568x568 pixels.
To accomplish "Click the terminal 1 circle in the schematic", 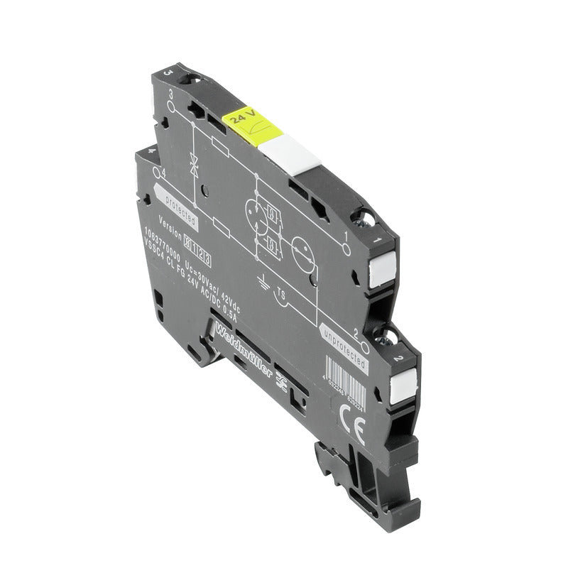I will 346,248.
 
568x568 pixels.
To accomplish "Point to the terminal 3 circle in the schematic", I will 171,106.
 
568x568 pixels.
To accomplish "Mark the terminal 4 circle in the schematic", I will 157,173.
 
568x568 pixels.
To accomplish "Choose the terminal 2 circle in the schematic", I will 364,346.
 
